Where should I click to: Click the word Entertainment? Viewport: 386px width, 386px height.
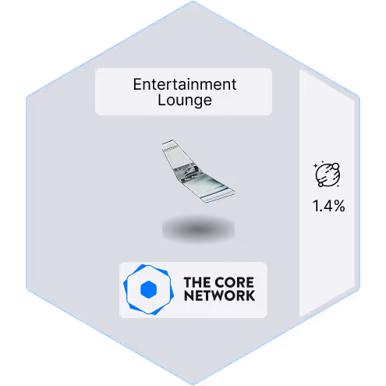[185, 84]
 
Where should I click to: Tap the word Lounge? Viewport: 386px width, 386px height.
[185, 101]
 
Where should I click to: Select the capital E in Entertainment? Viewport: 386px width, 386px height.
[137, 84]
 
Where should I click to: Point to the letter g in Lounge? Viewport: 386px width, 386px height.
[199, 102]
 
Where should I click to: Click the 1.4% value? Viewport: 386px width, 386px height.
[329, 206]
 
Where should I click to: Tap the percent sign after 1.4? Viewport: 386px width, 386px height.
[339, 206]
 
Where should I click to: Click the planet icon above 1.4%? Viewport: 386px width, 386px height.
[328, 174]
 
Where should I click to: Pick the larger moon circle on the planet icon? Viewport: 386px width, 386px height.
[335, 166]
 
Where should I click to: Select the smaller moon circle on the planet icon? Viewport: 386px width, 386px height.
[320, 184]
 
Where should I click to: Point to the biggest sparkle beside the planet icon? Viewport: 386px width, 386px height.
[316, 165]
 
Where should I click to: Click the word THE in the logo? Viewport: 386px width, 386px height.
[196, 282]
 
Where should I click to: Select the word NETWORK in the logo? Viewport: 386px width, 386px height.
[219, 296]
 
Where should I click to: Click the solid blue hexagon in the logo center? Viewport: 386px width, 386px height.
[148, 289]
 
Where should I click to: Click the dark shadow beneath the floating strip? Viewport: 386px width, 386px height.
[198, 228]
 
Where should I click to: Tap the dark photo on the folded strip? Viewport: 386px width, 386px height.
[186, 171]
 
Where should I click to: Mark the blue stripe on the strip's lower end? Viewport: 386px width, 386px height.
[216, 193]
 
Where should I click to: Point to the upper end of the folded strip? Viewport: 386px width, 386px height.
[168, 142]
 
